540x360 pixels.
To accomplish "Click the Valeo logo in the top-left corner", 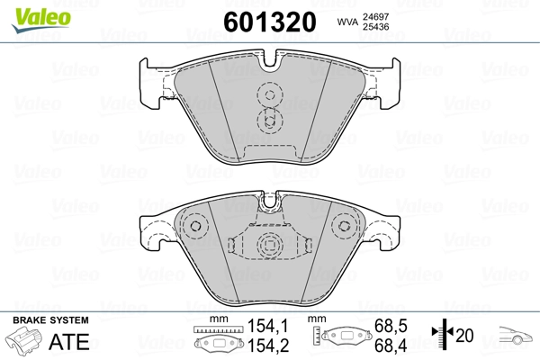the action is click(41, 20).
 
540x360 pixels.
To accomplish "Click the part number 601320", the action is click(270, 22).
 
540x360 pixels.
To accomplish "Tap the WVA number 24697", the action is click(375, 16).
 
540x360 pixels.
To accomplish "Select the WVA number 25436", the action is click(375, 26).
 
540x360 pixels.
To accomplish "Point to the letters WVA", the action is click(348, 22).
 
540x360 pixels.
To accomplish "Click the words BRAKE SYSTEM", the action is click(50, 320).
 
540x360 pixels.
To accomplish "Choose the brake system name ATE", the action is click(69, 341).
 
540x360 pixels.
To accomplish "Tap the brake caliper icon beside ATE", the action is click(24, 340).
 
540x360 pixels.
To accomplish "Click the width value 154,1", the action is click(268, 326).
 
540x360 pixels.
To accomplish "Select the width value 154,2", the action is click(268, 346).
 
